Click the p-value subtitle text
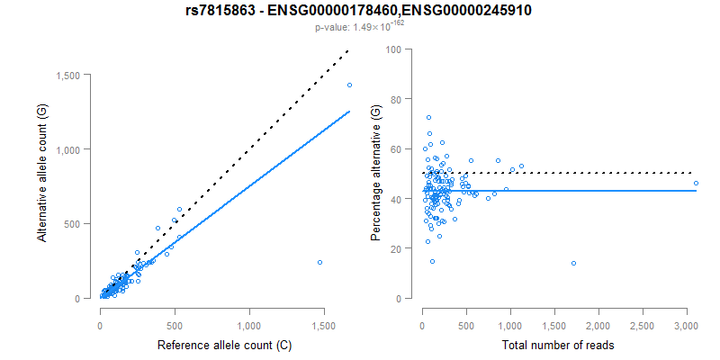359,28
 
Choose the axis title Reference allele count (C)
224,345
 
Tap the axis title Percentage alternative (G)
376,173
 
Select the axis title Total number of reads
559,345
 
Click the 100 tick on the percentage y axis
392,49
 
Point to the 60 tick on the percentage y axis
395,149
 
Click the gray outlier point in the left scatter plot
319,262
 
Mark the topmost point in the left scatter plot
349,85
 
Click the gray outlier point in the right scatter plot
573,263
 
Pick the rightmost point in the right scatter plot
696,183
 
